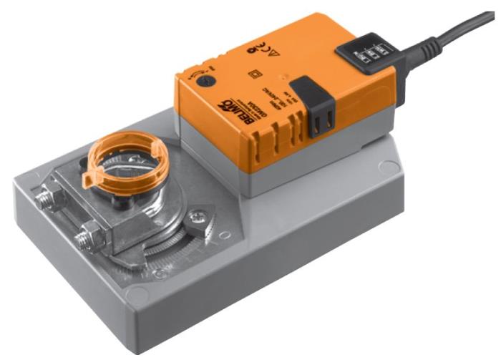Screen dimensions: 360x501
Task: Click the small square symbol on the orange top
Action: (x=251, y=75)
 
